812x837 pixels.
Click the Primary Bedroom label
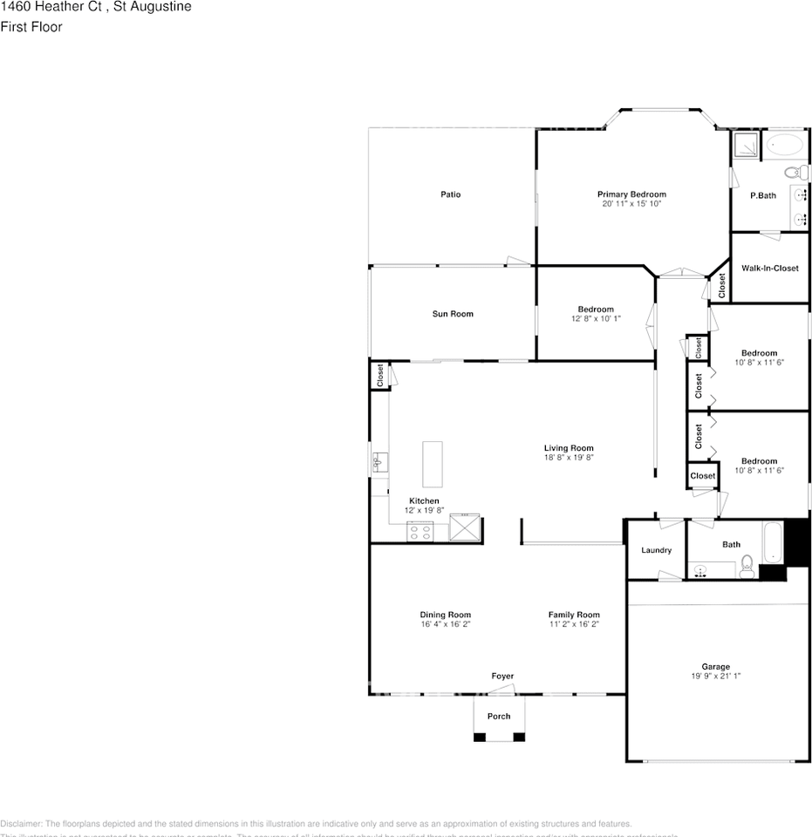631,194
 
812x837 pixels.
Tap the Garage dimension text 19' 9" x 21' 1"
715,676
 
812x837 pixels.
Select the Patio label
450,194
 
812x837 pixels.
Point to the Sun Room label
453,314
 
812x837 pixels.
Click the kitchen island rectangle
433,464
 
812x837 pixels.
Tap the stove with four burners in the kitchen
420,530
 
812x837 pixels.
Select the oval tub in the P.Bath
786,145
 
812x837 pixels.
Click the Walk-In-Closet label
770,269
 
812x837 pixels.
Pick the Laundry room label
656,550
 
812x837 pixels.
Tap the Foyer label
502,676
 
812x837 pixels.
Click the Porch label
499,717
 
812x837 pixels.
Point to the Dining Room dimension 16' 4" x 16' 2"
445,624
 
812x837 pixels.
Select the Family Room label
574,615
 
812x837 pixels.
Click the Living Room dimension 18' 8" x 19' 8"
569,457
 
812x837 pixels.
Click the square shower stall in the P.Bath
745,145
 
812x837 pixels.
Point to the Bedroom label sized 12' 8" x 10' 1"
596,310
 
